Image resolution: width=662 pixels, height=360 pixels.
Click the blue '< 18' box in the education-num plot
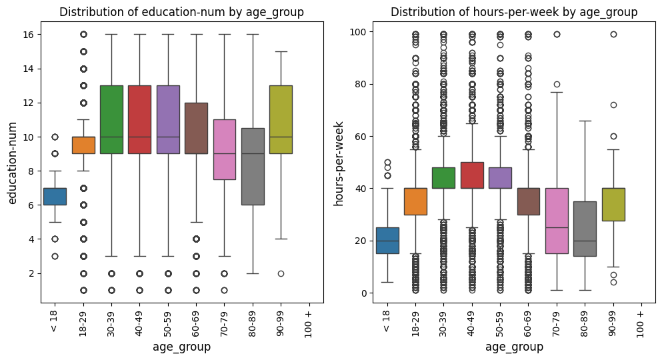pos(55,197)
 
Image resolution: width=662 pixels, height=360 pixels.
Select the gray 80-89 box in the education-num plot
pos(253,167)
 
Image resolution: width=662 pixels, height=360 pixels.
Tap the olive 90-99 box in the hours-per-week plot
pos(613,204)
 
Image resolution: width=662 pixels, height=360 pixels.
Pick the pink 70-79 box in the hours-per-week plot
pos(556,221)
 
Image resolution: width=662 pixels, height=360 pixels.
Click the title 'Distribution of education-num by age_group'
pos(181,12)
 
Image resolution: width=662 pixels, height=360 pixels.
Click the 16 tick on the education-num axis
pos(27,34)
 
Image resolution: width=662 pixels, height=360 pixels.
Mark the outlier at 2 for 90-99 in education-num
pos(281,273)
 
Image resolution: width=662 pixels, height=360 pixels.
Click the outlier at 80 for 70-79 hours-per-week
pos(556,84)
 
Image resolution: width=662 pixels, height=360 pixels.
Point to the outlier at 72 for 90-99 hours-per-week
pos(613,105)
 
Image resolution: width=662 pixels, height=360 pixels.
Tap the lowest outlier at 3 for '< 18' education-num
pos(55,256)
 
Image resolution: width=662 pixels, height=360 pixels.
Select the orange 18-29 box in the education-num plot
pos(83,145)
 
